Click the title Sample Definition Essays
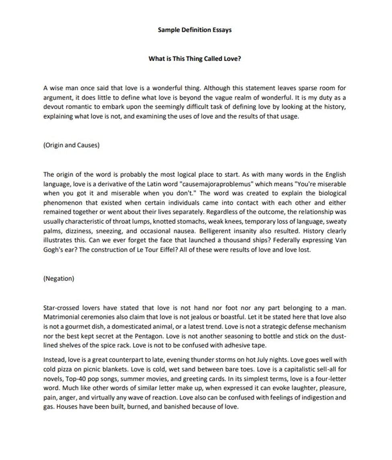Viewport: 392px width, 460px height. tap(195, 30)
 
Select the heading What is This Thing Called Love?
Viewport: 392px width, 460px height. tap(195, 58)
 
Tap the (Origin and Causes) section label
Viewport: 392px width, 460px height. tap(71, 145)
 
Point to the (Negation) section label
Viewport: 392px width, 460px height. tap(58, 278)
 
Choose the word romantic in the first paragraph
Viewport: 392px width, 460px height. tap(76, 107)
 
